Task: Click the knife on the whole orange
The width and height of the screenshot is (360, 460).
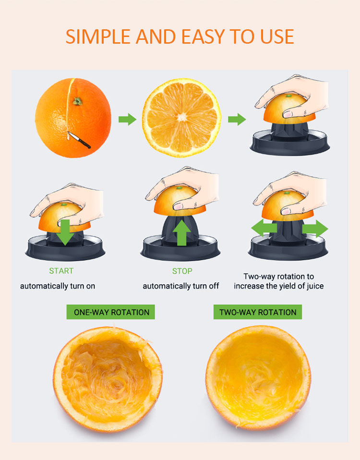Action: point(79,140)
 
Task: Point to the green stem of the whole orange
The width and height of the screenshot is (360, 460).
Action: point(77,101)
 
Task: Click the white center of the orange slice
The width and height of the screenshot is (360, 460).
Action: point(182,117)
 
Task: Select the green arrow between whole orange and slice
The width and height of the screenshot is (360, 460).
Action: point(127,120)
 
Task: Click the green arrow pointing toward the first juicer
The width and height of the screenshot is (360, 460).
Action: point(237,119)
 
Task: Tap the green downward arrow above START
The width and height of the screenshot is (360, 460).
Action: point(65,232)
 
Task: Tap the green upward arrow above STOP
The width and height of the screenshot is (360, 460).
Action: point(182,233)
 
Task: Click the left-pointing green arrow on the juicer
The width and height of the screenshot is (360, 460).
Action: point(264,228)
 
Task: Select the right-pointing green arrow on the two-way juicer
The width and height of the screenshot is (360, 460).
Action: point(315,228)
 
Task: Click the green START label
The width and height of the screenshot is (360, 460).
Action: point(61,271)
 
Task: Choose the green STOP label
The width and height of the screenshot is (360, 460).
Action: point(182,271)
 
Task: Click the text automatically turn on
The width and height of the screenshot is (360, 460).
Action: point(58,286)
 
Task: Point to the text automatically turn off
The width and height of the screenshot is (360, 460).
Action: point(180,286)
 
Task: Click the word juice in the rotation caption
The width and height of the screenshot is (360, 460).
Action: point(315,286)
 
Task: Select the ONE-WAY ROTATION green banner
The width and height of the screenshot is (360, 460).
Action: point(110,312)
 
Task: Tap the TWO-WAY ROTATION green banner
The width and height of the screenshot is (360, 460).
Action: point(258,312)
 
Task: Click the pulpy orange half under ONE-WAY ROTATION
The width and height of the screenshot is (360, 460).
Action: point(108,379)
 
